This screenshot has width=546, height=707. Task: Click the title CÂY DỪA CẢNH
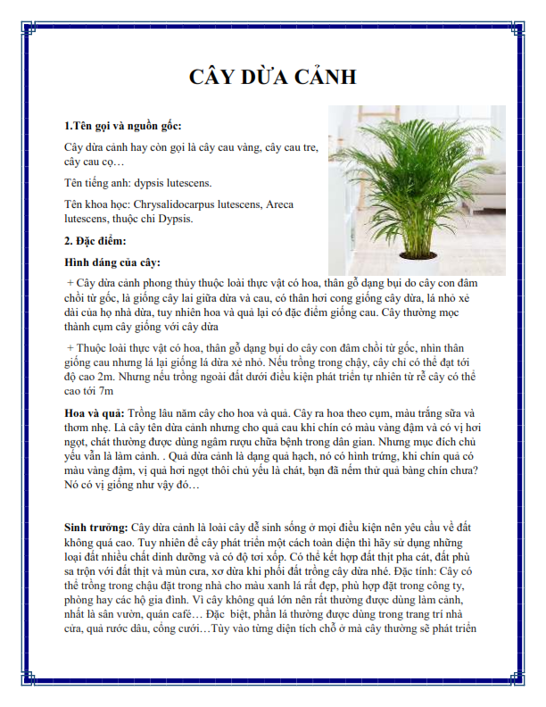click(x=273, y=78)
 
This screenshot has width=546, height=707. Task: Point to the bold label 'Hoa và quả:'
click(x=94, y=414)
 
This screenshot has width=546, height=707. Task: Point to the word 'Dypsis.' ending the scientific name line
click(x=171, y=219)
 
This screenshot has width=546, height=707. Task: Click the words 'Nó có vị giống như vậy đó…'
click(x=132, y=486)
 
